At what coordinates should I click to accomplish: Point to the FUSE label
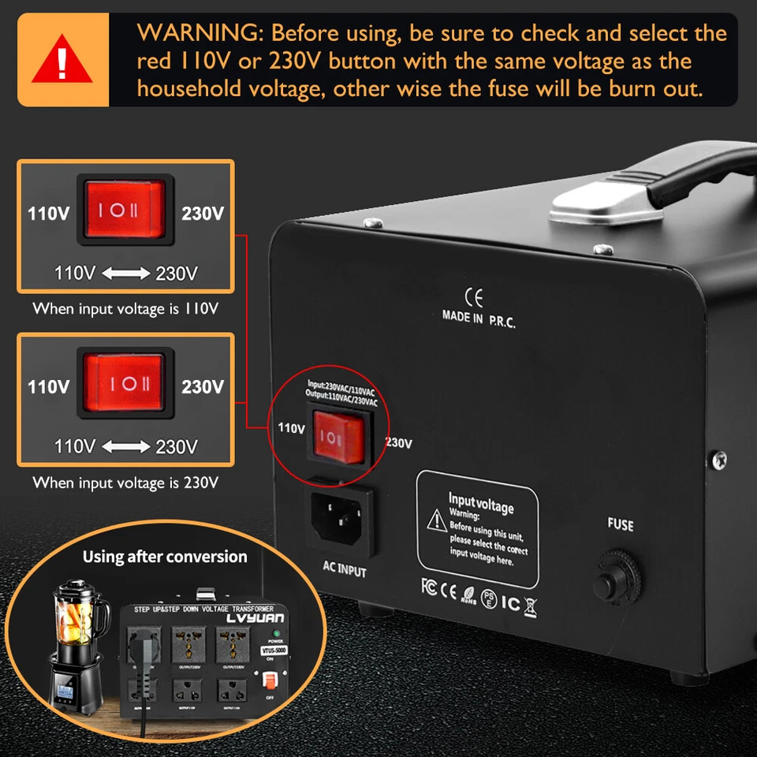click(x=620, y=524)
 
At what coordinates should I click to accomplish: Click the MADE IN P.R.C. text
click(x=479, y=318)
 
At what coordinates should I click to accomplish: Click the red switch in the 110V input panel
click(x=125, y=209)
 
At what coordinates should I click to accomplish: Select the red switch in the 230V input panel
click(x=125, y=383)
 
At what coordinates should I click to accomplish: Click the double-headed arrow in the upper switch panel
click(x=125, y=274)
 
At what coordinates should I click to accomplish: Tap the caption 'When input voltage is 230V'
click(x=125, y=483)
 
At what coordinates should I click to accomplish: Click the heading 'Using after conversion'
click(x=165, y=557)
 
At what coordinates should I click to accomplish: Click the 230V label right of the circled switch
click(x=399, y=443)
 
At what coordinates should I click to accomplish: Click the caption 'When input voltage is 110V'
click(x=125, y=308)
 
